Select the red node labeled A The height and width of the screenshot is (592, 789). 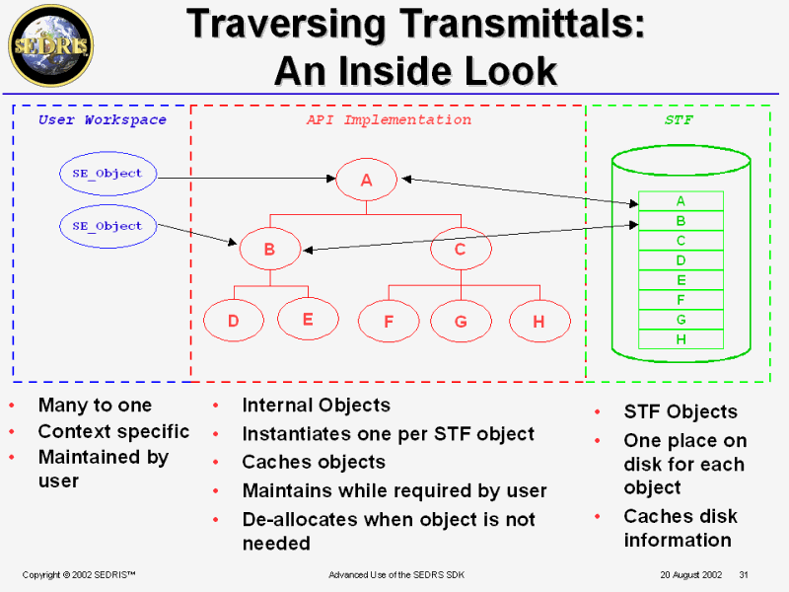click(x=366, y=180)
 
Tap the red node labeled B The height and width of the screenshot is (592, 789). click(x=269, y=250)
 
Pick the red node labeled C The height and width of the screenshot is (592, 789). click(x=460, y=250)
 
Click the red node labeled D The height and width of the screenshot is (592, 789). click(x=234, y=321)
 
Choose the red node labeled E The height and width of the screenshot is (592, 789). click(x=308, y=319)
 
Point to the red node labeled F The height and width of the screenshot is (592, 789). click(x=389, y=321)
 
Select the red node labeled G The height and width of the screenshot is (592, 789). click(x=461, y=321)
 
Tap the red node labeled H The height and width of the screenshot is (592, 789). click(x=539, y=321)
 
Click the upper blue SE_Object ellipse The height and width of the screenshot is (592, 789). click(x=107, y=174)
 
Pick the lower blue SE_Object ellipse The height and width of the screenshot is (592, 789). click(x=107, y=226)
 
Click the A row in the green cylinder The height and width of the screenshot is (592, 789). click(x=681, y=201)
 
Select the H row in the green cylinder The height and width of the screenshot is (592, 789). click(x=681, y=339)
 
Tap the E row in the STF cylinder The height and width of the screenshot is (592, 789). click(x=681, y=280)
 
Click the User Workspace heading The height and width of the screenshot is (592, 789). click(x=103, y=120)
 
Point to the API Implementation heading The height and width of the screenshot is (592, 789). click(x=389, y=120)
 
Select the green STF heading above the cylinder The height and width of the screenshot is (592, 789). click(x=679, y=120)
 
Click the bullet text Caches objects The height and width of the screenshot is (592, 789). click(x=314, y=462)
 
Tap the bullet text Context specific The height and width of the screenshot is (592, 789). click(x=113, y=431)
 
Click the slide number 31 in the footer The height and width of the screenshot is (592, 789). click(x=744, y=574)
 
